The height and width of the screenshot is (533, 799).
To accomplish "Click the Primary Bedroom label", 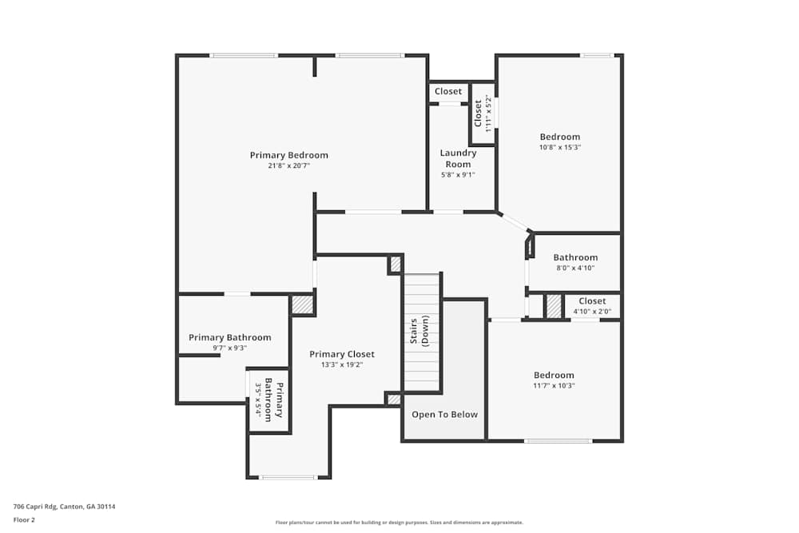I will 288,155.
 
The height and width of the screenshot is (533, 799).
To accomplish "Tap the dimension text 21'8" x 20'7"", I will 288,166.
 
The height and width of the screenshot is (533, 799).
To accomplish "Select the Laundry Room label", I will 458,158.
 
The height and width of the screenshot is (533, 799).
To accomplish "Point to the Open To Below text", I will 444,415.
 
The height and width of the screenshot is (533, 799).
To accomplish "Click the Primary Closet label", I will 341,354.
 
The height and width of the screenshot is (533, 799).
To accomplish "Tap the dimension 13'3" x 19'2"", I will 341,365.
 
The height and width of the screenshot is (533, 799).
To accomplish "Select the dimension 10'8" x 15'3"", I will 559,147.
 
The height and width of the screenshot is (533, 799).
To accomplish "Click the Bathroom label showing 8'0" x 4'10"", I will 575,257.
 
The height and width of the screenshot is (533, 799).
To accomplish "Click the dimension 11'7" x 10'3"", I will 554,386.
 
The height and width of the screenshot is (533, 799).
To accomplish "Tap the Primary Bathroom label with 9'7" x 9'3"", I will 229,337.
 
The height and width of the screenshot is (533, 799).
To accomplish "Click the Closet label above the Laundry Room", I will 448,91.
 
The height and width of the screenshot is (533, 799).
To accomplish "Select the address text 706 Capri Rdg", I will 64,506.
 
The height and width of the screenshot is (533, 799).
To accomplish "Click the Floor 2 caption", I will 24,519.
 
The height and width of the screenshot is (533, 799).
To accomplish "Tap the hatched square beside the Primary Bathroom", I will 301,304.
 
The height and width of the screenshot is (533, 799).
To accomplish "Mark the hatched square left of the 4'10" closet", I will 554,306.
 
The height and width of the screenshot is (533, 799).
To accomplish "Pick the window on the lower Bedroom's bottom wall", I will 558,441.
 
